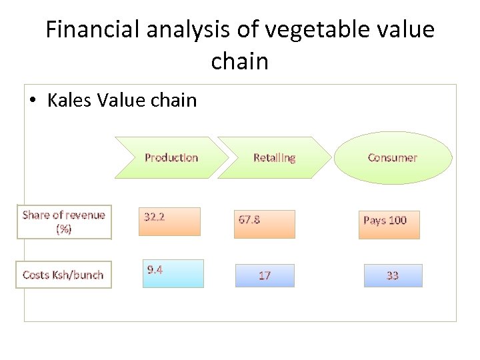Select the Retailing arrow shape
pyautogui.click(x=274, y=157)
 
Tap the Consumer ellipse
pyautogui.click(x=392, y=157)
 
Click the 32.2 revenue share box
pyautogui.click(x=169, y=221)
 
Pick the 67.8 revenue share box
pyautogui.click(x=264, y=223)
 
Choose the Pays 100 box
pyautogui.click(x=390, y=225)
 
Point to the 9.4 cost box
pyautogui.click(x=173, y=273)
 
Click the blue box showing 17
pyautogui.click(x=265, y=275)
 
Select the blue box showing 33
pyautogui.click(x=393, y=275)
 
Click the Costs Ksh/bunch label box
pyautogui.click(x=64, y=275)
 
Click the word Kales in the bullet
pyautogui.click(x=70, y=101)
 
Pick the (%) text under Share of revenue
pyautogui.click(x=64, y=229)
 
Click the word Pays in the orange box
pyautogui.click(x=373, y=220)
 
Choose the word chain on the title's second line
pyautogui.click(x=239, y=61)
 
